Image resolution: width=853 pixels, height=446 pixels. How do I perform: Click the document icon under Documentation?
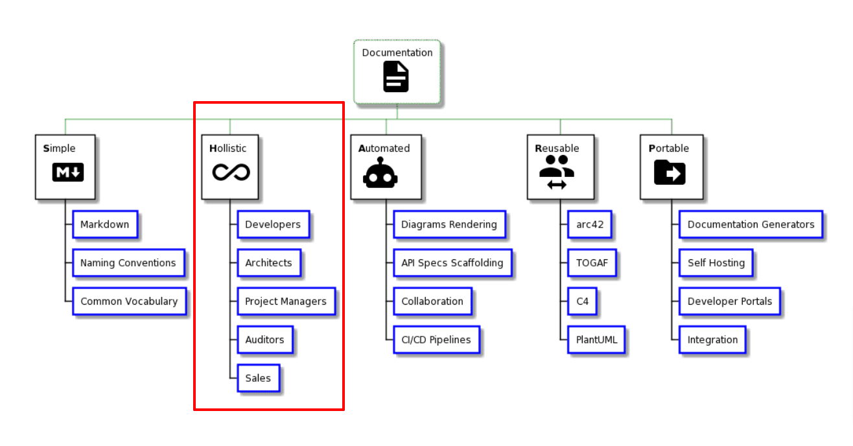pos(396,76)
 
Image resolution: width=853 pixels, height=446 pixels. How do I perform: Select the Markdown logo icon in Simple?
pos(68,172)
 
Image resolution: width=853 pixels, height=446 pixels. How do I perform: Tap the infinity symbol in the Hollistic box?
pos(231,172)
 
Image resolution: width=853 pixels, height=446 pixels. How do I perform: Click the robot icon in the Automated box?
pos(380,173)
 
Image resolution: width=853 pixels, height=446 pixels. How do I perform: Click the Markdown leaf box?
pos(104,224)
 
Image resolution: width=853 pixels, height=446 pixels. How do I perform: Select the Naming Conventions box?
pos(128,263)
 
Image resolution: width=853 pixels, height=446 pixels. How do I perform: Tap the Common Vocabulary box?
pos(129,301)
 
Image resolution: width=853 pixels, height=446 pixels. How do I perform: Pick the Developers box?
pos(273,224)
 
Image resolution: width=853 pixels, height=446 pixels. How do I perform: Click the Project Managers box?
pos(286,301)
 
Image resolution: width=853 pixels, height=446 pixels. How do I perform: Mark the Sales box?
pos(258,379)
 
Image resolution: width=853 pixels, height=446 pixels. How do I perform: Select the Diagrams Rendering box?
pos(449,224)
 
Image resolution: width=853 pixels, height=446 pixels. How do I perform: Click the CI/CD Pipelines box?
pos(436,340)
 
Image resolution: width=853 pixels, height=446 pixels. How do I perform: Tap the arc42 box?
pos(589,224)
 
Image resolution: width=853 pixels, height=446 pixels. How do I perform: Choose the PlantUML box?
pos(596,340)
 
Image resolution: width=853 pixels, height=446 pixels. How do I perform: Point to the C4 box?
pos(582,301)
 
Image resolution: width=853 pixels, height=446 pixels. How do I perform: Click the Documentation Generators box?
pos(751,224)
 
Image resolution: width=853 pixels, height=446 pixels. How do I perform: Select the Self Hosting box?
pos(716,263)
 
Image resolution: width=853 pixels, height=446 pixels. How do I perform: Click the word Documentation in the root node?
pos(397,53)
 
